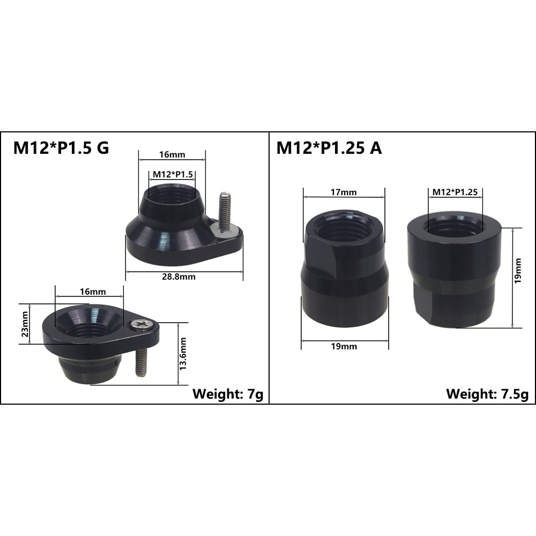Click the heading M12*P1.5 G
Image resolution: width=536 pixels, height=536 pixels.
tap(61, 148)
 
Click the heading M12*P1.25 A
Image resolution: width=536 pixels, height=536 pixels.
tap(329, 148)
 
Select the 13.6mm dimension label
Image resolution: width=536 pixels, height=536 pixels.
tap(183, 353)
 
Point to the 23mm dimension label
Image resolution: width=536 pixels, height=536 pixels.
tap(25, 324)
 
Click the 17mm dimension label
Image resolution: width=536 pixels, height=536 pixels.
tap(344, 192)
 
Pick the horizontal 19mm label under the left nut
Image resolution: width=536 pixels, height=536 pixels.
tap(344, 346)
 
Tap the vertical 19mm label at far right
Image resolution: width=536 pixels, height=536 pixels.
tap(518, 271)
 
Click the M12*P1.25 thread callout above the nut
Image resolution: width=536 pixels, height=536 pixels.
tap(455, 192)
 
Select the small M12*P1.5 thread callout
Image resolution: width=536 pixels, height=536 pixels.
tap(173, 174)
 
